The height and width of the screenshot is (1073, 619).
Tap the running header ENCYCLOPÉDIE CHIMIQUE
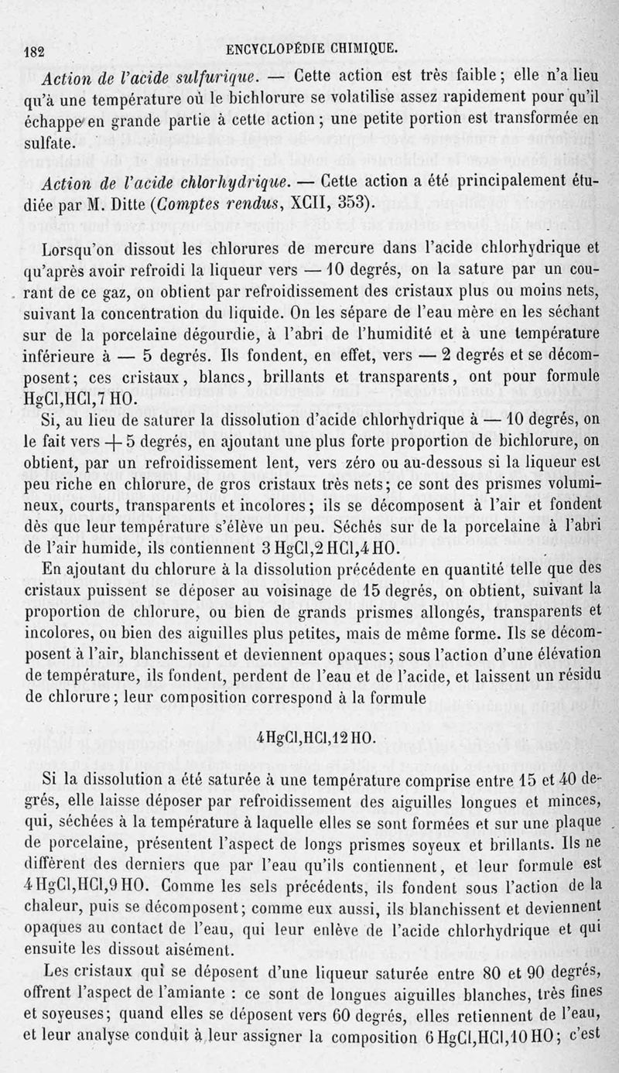313,50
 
